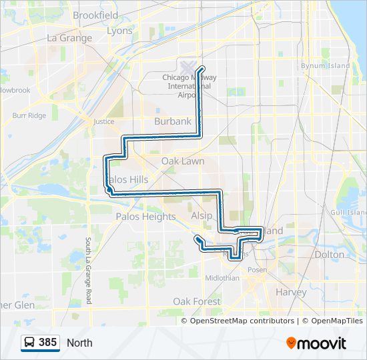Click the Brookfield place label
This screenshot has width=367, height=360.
coord(95,15)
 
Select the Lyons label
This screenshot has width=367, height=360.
coord(119,31)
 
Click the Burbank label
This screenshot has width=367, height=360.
coord(172,121)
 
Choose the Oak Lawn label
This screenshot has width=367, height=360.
coord(183,161)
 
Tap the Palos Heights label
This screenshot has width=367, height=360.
coord(145,217)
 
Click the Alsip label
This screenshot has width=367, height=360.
coord(202,216)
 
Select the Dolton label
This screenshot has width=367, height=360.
coord(329,254)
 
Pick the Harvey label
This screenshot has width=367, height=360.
coord(291,292)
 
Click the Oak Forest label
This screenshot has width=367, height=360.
coord(197,301)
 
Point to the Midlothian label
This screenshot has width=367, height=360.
coord(222,278)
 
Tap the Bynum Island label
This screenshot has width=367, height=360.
coord(325,66)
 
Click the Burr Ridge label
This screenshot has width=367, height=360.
coord(29,115)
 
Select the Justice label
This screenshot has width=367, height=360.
coord(104,122)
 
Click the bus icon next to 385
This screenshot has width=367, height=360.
coord(30,343)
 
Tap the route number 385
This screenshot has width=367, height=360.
coord(47,343)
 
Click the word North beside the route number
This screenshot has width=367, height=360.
coord(79,343)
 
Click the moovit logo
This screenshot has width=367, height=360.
coord(316,343)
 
